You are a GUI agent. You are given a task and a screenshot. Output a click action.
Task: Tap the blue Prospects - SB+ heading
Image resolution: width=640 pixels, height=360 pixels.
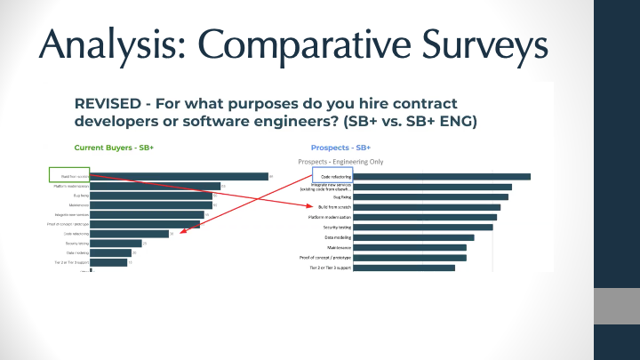340,147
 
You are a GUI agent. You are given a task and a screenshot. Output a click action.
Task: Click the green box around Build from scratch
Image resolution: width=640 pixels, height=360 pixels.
69,176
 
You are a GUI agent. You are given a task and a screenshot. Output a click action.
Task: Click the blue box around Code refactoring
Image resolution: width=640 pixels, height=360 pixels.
332,176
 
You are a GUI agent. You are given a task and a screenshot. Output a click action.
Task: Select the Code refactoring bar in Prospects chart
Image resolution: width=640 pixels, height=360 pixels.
442,176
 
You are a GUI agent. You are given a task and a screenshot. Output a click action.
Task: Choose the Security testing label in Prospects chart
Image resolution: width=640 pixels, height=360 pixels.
333,228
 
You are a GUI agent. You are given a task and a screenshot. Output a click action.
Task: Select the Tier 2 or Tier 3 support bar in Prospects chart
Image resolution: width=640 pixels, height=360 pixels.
404,268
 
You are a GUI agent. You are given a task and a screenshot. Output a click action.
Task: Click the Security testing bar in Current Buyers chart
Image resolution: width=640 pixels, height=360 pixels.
116,243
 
